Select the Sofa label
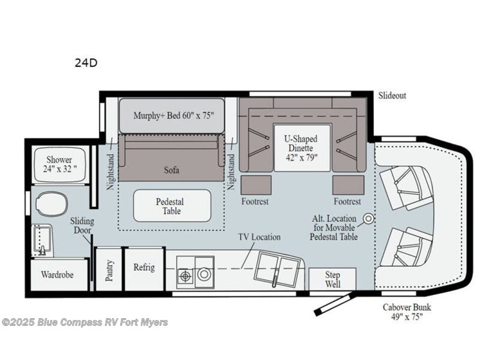[171, 170]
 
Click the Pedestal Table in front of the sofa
[172, 206]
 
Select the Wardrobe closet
[58, 274]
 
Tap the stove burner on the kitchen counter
[186, 276]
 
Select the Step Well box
[333, 280]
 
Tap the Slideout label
[392, 96]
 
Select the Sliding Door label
[82, 226]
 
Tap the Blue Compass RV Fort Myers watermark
[85, 321]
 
